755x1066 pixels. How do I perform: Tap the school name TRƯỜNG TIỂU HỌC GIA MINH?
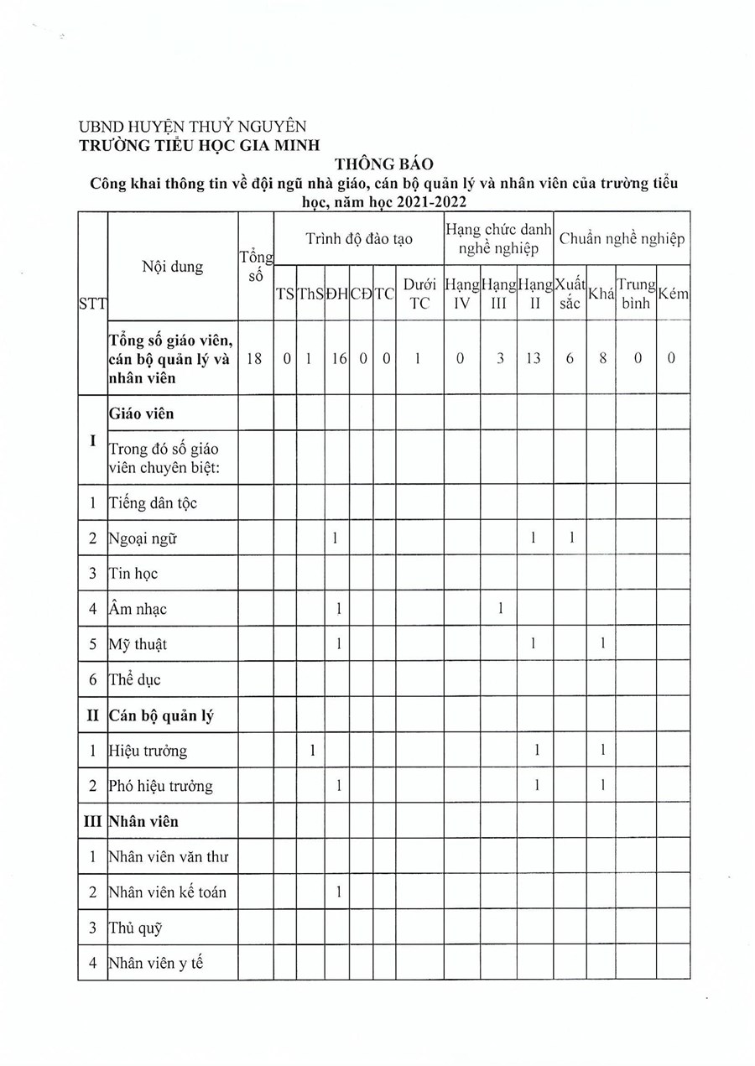pyautogui.click(x=200, y=144)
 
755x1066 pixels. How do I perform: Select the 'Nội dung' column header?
pyautogui.click(x=173, y=267)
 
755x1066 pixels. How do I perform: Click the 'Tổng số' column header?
pyautogui.click(x=256, y=266)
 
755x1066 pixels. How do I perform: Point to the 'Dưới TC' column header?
pyautogui.click(x=419, y=294)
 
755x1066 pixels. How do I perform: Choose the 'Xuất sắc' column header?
pyautogui.click(x=570, y=294)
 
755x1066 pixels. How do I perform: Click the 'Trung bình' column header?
pyautogui.click(x=635, y=294)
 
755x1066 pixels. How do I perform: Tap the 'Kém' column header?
pyautogui.click(x=673, y=294)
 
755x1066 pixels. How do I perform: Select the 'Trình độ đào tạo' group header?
pyautogui.click(x=358, y=239)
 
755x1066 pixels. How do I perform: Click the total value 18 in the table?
pyautogui.click(x=256, y=358)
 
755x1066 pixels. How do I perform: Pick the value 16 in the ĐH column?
pyautogui.click(x=336, y=358)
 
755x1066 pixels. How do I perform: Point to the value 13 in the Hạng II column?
pyautogui.click(x=534, y=358)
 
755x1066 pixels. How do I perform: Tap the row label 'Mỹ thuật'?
pyautogui.click(x=138, y=644)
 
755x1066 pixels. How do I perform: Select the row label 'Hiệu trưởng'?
pyautogui.click(x=148, y=751)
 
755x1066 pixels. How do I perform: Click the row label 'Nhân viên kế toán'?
pyautogui.click(x=168, y=892)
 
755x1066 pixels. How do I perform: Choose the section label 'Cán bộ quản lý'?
pyautogui.click(x=161, y=715)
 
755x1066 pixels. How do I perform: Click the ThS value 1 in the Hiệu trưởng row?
pyautogui.click(x=311, y=751)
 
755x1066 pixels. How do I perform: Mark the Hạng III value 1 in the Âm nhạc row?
pyautogui.click(x=499, y=609)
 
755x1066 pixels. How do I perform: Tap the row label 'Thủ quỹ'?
pyautogui.click(x=135, y=928)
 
